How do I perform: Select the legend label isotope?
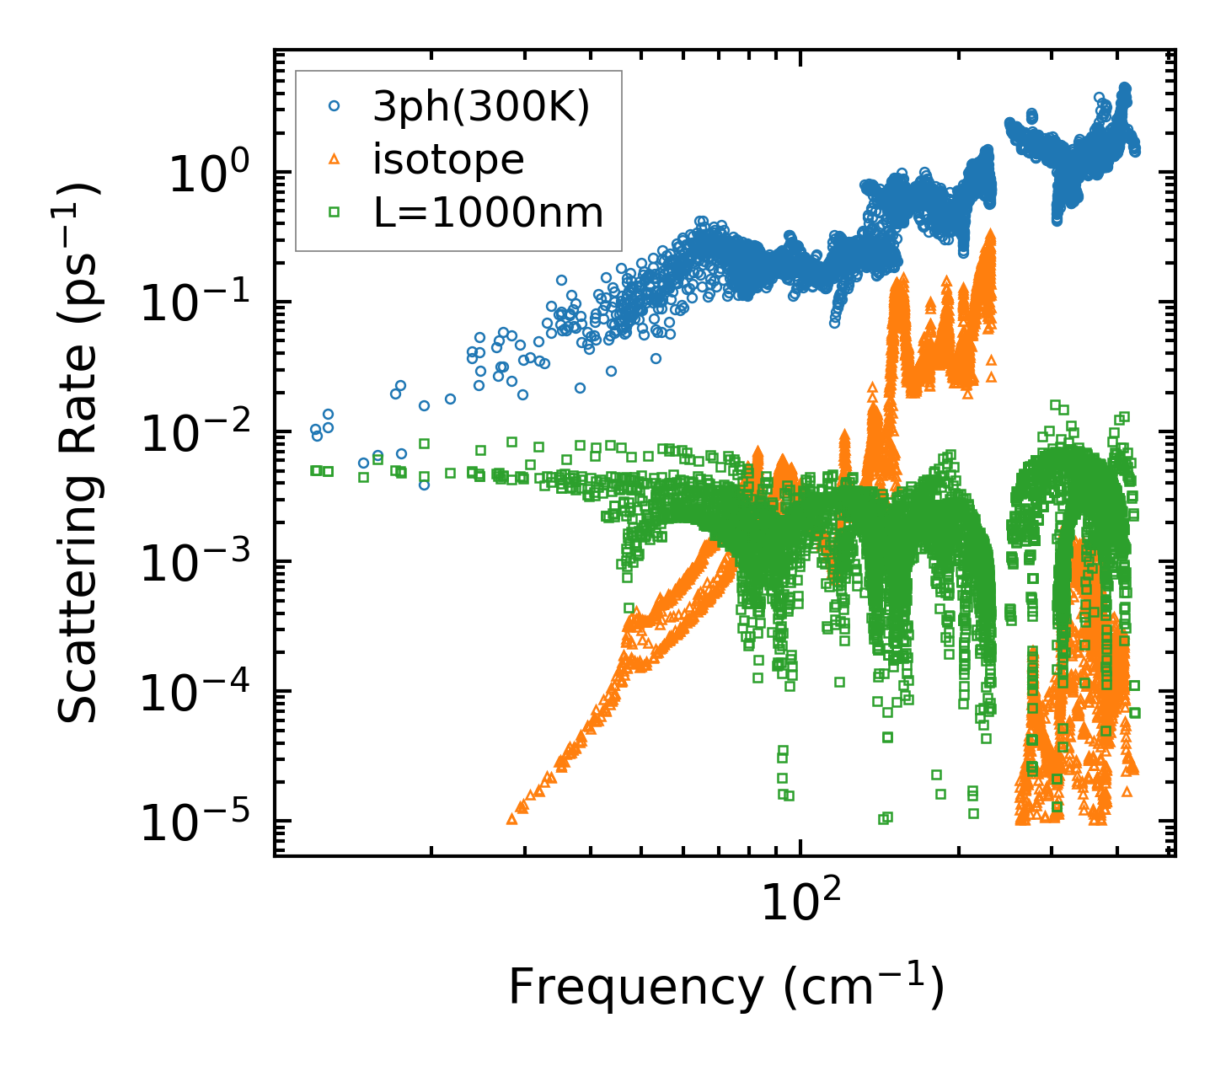[x=448, y=159]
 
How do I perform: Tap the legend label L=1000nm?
[x=489, y=213]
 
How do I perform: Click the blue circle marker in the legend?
[x=334, y=106]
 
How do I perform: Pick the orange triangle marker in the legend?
[x=334, y=159]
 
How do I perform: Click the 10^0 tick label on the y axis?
[x=207, y=177]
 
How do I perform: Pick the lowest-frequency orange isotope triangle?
[x=511, y=818]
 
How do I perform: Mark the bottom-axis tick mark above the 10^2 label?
[x=800, y=851]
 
